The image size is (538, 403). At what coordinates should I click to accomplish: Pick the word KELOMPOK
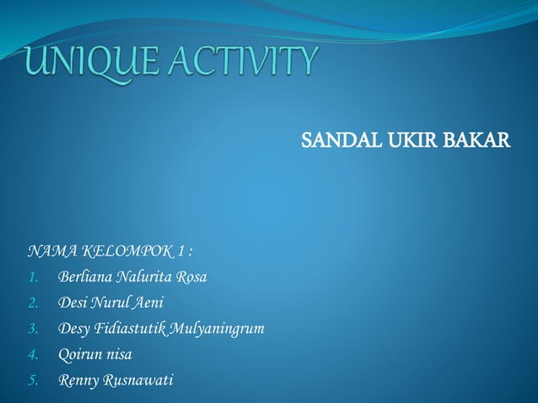[x=126, y=250]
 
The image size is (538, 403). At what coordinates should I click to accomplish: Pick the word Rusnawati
[x=138, y=380]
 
